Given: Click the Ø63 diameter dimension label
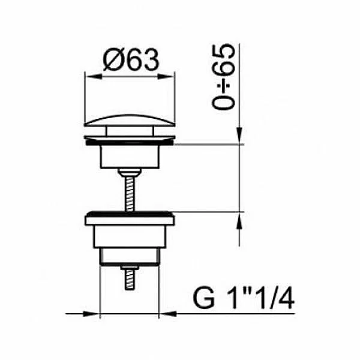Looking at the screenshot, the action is click(x=131, y=60).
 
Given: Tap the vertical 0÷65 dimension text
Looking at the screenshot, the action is click(x=223, y=77).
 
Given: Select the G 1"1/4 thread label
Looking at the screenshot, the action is click(x=244, y=298).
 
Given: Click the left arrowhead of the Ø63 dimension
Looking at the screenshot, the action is click(x=94, y=77).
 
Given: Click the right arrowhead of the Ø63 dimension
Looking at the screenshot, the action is click(x=166, y=77).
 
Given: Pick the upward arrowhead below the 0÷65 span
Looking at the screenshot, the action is click(x=239, y=220).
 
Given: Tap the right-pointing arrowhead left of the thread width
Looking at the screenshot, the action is click(x=91, y=314).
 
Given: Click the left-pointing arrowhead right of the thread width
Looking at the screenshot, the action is click(x=167, y=314).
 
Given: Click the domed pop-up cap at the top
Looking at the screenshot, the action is click(x=130, y=121).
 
